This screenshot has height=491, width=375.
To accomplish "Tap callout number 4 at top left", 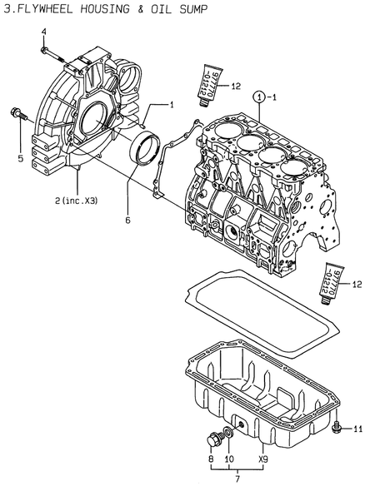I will click(x=44, y=32).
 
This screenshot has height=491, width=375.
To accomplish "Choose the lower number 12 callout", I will click(x=357, y=285).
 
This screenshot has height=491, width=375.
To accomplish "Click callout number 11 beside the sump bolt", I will click(x=357, y=429).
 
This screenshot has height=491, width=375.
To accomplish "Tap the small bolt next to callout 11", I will click(x=337, y=429).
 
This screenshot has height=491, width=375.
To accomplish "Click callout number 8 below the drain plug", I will click(x=210, y=459).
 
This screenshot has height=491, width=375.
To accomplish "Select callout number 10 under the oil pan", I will click(x=229, y=459).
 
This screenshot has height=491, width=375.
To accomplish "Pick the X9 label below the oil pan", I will click(x=262, y=459).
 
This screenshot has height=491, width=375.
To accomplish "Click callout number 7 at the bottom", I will click(x=237, y=481).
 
